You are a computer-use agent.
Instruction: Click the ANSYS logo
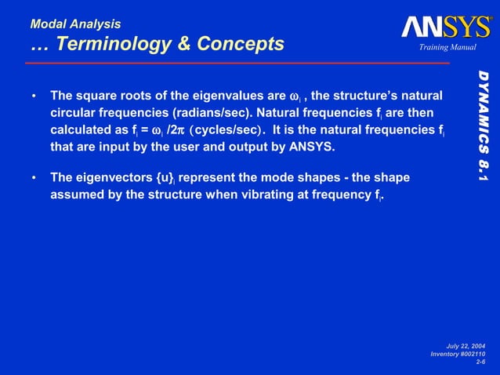(x=446, y=28)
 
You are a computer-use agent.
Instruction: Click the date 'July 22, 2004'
(x=465, y=346)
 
